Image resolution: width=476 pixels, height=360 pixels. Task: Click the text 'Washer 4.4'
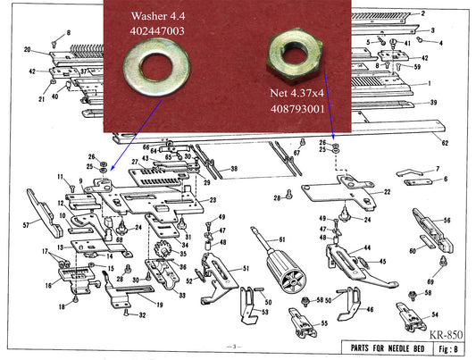click(x=157, y=16)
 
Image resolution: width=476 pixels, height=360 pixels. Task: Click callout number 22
click(x=386, y=192)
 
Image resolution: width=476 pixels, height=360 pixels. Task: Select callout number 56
click(x=446, y=221)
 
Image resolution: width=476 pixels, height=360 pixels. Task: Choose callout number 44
click(x=367, y=247)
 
